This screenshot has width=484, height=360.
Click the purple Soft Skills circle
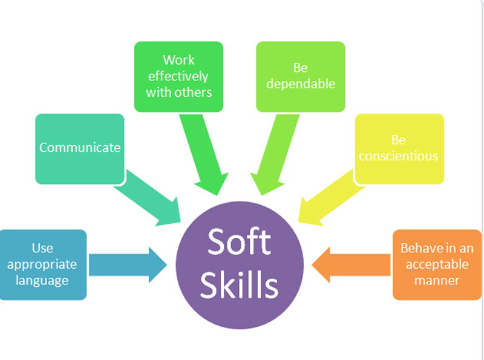(x=240, y=265)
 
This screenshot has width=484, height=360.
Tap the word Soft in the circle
(x=240, y=241)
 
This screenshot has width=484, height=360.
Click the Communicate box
(x=80, y=149)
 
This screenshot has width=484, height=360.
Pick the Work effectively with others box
(x=178, y=77)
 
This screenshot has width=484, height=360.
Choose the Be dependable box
(x=301, y=77)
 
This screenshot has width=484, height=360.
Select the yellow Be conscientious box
(x=399, y=149)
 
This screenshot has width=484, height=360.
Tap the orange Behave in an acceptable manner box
(x=437, y=264)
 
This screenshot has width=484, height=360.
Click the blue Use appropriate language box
(x=42, y=264)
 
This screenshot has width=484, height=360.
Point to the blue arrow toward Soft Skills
(x=128, y=264)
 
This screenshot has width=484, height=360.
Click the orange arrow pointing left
(x=352, y=264)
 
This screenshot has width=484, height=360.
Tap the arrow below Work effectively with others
(x=204, y=154)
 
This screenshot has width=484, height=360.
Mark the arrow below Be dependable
(x=275, y=154)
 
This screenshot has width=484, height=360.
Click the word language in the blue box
(x=42, y=281)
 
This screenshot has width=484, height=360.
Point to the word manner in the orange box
(x=437, y=280)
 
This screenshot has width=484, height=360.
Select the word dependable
(x=301, y=84)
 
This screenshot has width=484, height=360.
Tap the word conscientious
(x=399, y=156)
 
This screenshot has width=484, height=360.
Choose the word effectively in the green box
(x=178, y=76)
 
